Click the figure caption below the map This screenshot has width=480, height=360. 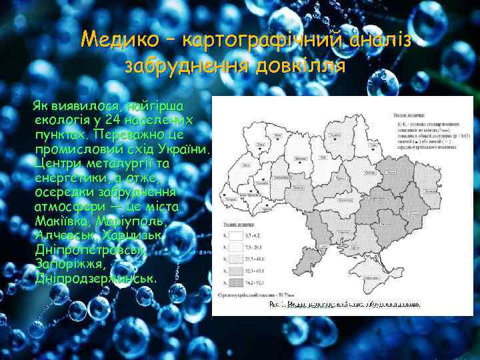(x=344, y=305)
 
